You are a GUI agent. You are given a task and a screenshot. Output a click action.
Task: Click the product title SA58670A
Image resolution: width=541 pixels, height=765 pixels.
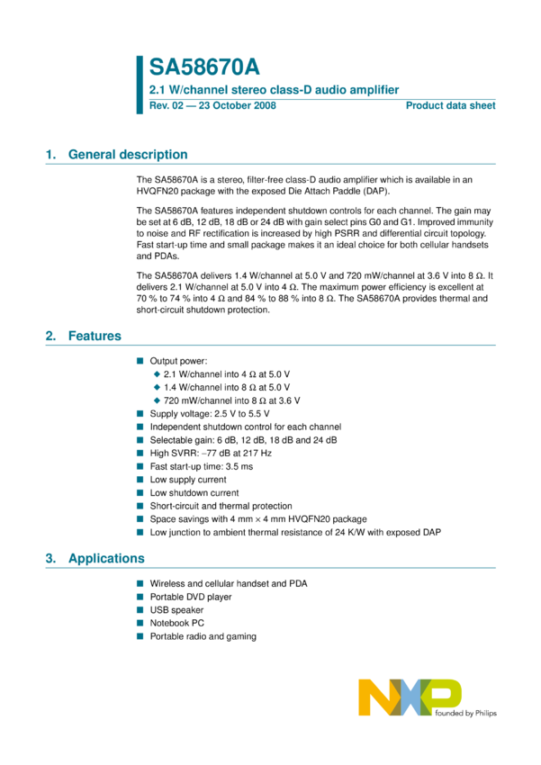(x=204, y=67)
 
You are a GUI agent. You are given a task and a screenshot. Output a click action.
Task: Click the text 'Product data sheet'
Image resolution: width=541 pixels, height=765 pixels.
(x=450, y=106)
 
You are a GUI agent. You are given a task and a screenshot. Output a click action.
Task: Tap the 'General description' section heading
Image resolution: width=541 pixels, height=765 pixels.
(x=128, y=155)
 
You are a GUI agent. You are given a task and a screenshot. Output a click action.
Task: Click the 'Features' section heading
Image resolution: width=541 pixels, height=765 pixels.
(x=95, y=336)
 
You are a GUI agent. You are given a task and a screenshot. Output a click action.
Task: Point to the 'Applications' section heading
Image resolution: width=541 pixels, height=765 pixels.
(x=106, y=558)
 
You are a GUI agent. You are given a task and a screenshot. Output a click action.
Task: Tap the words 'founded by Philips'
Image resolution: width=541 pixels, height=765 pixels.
(x=464, y=713)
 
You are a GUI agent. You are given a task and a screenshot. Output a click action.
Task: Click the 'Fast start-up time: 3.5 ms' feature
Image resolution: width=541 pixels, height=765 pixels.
(x=202, y=466)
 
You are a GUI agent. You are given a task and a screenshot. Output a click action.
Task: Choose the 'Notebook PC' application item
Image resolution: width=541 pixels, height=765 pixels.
(x=176, y=623)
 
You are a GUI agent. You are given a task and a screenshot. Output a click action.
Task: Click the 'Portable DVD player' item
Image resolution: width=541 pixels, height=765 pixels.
(x=191, y=597)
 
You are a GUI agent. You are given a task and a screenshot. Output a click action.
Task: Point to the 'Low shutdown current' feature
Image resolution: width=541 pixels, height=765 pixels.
(x=194, y=493)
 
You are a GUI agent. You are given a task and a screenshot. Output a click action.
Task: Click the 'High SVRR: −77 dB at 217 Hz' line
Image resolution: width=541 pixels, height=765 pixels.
(x=211, y=453)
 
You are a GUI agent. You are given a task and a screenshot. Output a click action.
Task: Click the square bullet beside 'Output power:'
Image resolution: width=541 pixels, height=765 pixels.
(x=140, y=360)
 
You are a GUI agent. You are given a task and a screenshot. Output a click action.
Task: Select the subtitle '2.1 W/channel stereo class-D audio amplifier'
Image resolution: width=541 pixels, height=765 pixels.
(x=273, y=89)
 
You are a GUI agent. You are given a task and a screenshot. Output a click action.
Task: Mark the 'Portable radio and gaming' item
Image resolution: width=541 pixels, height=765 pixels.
(x=203, y=636)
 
